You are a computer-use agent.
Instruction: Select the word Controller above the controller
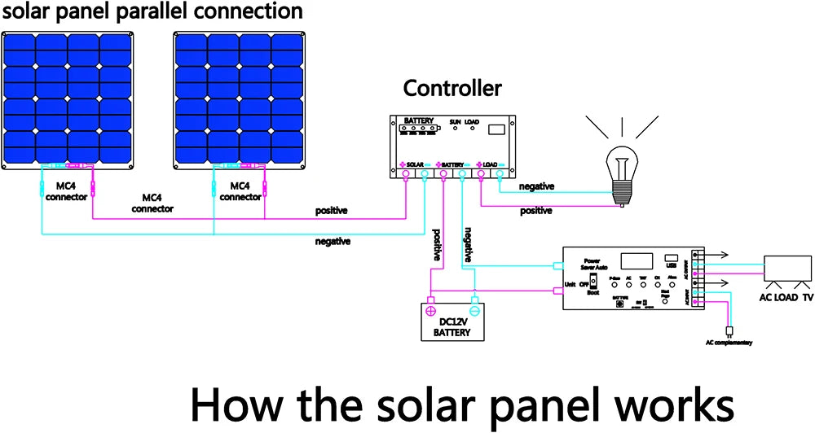tap(452, 89)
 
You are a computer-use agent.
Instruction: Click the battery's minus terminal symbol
tap(474, 310)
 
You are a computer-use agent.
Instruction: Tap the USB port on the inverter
tap(672, 258)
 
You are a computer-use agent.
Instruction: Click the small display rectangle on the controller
tap(495, 129)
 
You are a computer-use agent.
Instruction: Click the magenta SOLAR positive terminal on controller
tap(405, 173)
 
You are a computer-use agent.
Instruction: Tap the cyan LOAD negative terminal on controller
tap(500, 173)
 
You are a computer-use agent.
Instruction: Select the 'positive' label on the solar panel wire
tap(332, 211)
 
